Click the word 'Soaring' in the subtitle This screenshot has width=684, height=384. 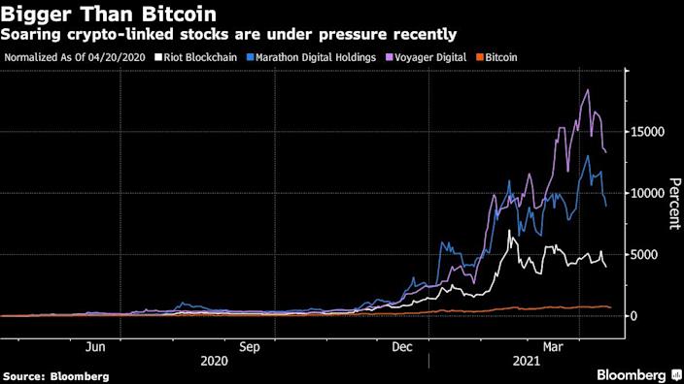(x=29, y=35)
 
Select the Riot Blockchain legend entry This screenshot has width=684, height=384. (x=206, y=57)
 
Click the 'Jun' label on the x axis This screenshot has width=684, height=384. (x=95, y=346)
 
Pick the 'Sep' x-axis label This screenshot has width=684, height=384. (x=250, y=346)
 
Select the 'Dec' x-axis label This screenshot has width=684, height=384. (x=402, y=346)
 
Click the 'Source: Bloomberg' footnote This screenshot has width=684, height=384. (x=55, y=375)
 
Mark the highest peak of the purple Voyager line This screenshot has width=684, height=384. (x=588, y=90)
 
